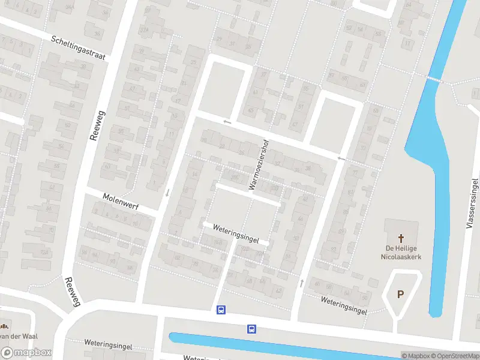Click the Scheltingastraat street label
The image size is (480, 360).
point(78,47)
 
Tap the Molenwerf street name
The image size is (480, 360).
point(121,201)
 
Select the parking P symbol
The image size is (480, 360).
point(401,295)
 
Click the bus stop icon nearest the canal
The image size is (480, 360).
point(251,329)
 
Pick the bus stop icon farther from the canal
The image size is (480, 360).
point(221,310)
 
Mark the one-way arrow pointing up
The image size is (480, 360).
point(301,282)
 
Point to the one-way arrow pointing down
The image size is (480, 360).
point(167,193)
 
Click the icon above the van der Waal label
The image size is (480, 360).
point(4,326)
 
